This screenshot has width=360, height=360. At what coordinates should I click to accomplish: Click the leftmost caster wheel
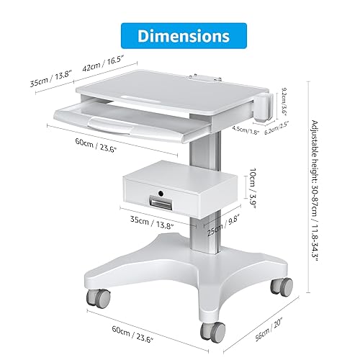pos(96,297)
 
